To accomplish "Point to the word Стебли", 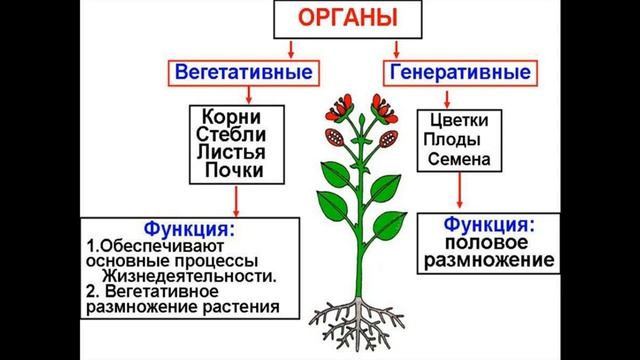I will pyautogui.click(x=231, y=133).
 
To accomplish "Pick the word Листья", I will pyautogui.click(x=231, y=152).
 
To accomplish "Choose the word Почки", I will pyautogui.click(x=231, y=171).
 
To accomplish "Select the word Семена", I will pyautogui.click(x=459, y=159).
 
